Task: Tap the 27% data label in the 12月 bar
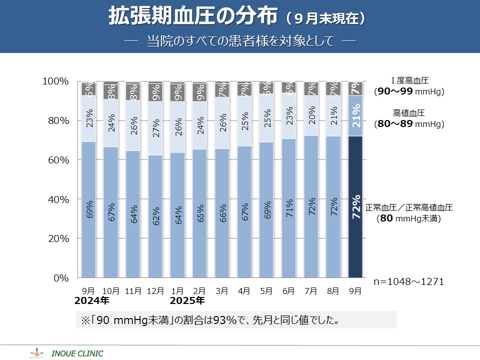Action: pyautogui.click(x=155, y=128)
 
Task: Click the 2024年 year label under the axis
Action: pyautogui.click(x=91, y=301)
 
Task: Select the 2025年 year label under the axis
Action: pyautogui.click(x=187, y=301)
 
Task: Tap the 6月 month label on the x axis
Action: pyautogui.click(x=288, y=290)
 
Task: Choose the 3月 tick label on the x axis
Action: pyautogui.click(x=221, y=290)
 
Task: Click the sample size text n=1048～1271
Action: pyautogui.click(x=409, y=281)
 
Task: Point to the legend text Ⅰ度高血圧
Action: pyautogui.click(x=410, y=80)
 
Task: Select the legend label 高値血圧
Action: pyautogui.click(x=409, y=113)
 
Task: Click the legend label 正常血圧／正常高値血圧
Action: pyautogui.click(x=409, y=207)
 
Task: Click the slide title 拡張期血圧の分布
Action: pyautogui.click(x=193, y=16)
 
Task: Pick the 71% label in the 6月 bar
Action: pyautogui.click(x=288, y=207)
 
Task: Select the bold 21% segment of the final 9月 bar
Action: pyautogui.click(x=355, y=115)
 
